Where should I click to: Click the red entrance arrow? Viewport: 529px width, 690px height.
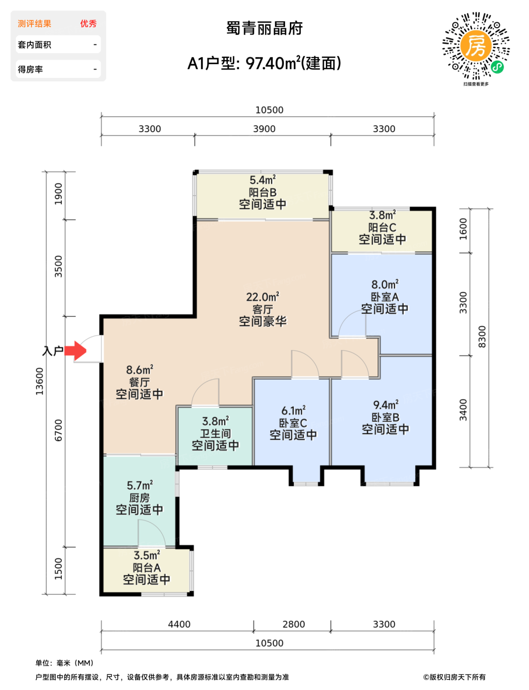(x=75, y=351)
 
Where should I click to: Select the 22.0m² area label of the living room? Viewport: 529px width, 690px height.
(x=263, y=297)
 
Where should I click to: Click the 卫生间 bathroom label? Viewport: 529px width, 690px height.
(x=215, y=433)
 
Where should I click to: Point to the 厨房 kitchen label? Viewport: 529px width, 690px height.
(x=139, y=498)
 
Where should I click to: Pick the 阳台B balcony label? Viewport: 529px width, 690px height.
(x=262, y=192)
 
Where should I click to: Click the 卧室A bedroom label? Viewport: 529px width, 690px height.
(x=385, y=297)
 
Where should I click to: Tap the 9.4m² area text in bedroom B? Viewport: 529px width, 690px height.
(x=386, y=405)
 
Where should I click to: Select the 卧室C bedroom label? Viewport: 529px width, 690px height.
(x=293, y=423)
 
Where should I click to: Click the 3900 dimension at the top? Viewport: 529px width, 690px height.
(x=264, y=129)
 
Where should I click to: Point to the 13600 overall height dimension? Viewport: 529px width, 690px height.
(x=39, y=381)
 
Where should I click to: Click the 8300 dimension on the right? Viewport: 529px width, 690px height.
(x=482, y=337)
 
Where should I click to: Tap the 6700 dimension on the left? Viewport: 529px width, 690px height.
(x=59, y=430)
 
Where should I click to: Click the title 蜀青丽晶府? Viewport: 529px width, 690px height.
(x=264, y=28)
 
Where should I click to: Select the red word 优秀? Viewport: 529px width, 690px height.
(x=88, y=24)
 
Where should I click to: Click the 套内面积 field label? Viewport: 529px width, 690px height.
(x=35, y=45)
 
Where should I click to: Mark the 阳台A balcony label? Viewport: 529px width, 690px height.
(x=147, y=567)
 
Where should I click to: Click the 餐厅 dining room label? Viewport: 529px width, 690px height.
(x=139, y=382)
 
